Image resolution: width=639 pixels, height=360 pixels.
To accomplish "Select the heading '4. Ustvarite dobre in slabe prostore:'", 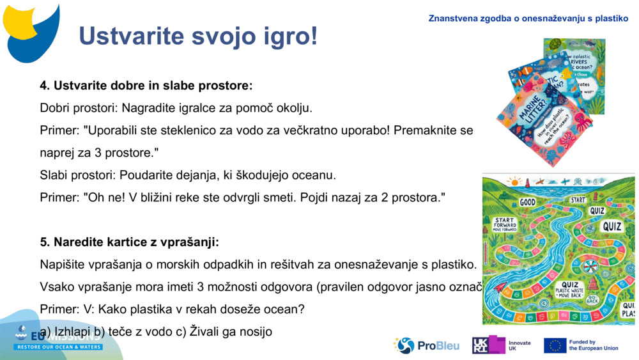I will coord(146,85).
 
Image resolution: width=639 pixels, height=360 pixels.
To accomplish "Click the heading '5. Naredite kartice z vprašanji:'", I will coord(130,242).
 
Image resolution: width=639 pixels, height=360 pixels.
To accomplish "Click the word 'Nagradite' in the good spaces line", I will coord(148,107).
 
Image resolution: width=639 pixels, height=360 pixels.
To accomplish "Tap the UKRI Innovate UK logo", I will coord(502,345).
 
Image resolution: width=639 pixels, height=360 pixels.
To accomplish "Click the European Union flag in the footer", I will coord(555,345).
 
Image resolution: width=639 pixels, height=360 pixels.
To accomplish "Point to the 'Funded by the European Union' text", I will coord(594,345).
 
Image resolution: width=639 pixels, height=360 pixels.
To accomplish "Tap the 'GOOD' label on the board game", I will coord(527,202).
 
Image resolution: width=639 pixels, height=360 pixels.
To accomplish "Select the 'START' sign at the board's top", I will coord(578,200).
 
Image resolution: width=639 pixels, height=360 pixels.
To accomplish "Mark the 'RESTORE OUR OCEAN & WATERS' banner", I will coord(58,347).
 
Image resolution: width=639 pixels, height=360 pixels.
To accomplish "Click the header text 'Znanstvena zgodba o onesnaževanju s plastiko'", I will coord(528,19).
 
